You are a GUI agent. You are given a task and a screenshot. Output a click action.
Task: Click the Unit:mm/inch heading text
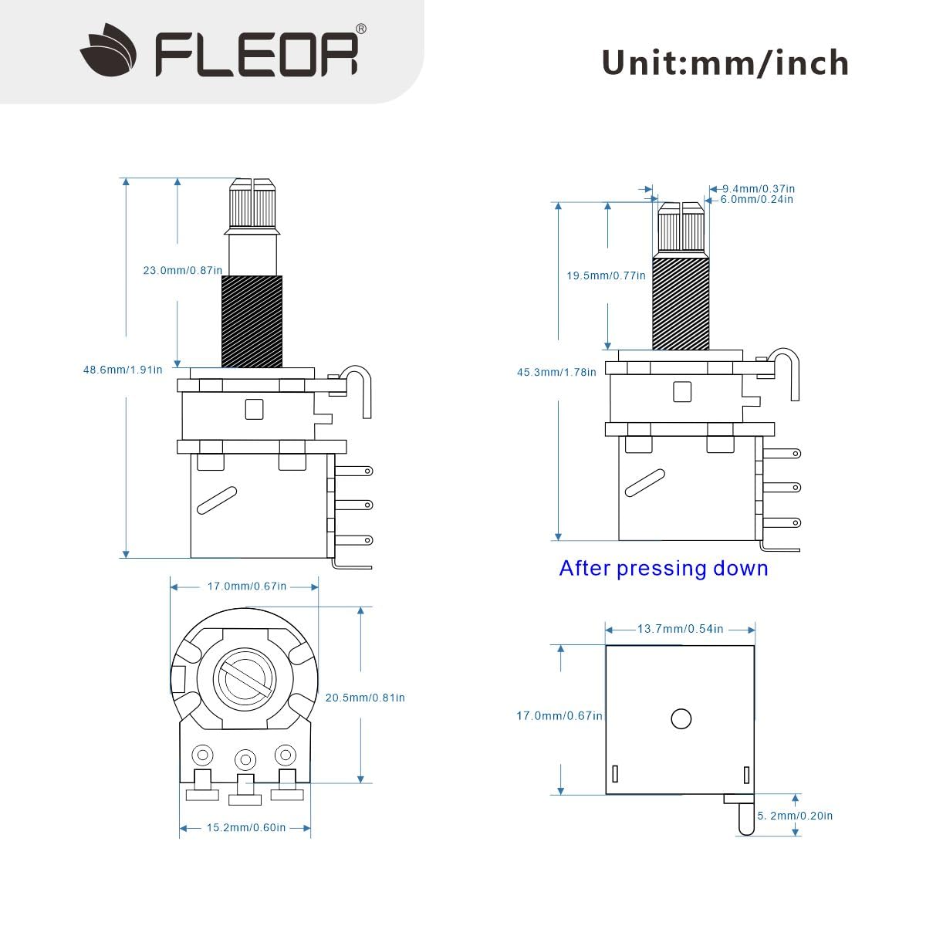tap(725, 63)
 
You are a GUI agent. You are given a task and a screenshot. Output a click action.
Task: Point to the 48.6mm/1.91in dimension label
tap(123, 370)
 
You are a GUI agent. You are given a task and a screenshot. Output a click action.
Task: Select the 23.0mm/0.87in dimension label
tap(182, 271)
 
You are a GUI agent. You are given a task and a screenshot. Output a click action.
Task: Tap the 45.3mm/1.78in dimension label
tap(556, 372)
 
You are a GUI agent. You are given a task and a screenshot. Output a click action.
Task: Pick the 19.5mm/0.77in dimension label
tap(606, 275)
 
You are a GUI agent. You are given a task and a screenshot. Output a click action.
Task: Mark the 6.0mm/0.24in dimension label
tap(756, 199)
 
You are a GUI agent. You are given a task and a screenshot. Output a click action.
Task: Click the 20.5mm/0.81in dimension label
tap(365, 698)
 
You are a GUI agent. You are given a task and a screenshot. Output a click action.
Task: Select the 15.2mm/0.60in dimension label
tap(246, 828)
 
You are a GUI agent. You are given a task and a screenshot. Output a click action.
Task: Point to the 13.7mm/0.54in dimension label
tap(680, 629)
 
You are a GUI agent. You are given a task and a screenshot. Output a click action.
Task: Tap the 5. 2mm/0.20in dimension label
tap(795, 816)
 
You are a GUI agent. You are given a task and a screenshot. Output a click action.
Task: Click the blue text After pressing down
tap(664, 569)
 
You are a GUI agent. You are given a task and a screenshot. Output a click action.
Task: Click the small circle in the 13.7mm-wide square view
tap(681, 718)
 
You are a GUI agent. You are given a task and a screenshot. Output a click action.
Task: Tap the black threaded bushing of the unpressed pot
tap(252, 322)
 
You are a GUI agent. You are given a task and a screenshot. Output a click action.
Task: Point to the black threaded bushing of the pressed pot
tap(681, 304)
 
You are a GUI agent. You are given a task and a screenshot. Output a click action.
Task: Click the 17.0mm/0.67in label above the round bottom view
tap(246, 586)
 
